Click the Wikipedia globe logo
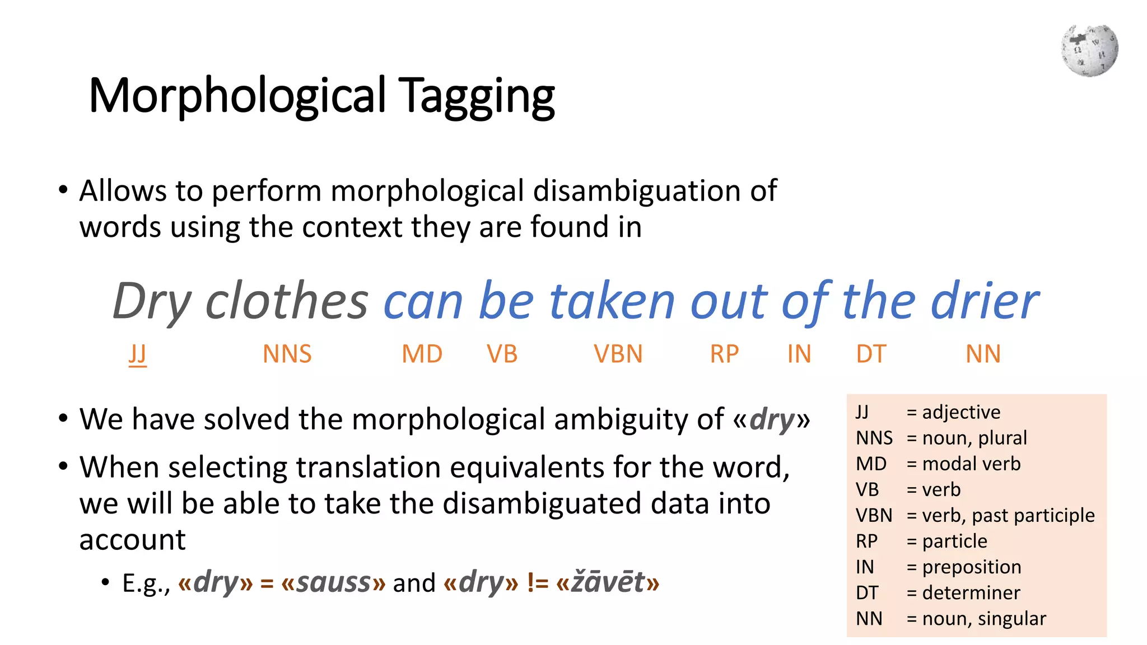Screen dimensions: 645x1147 pos(1089,50)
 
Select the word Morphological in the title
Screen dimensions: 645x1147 pos(237,96)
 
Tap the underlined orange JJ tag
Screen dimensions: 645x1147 pos(137,354)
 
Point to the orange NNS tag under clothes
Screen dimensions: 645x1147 pos(287,354)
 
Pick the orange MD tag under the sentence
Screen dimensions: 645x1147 pos(422,354)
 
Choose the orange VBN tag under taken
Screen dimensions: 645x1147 pos(618,354)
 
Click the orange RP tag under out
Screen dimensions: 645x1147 pos(724,354)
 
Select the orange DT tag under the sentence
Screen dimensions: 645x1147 pos(871,354)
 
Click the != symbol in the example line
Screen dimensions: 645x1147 pos(537,582)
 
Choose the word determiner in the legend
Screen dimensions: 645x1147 pos(971,592)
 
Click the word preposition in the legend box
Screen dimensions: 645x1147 pos(971,567)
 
